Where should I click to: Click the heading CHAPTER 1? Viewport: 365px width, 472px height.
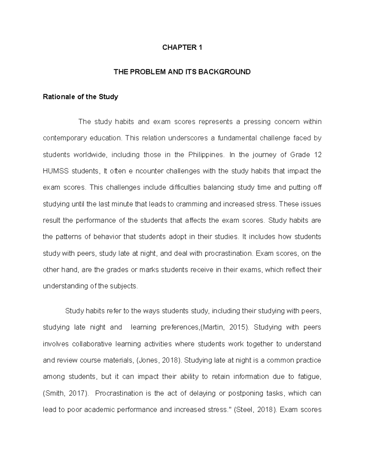click(182, 47)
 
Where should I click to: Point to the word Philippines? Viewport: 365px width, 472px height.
click(206, 155)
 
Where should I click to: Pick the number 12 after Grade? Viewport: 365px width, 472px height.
click(317, 155)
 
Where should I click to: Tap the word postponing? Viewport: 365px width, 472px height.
click(245, 393)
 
